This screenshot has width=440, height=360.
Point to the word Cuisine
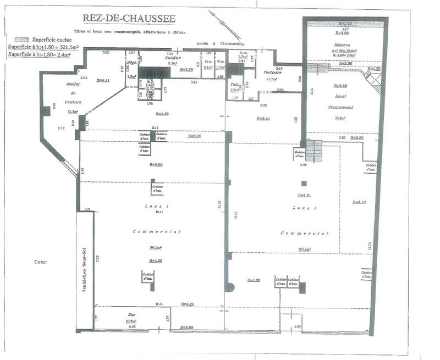click(x=174, y=57)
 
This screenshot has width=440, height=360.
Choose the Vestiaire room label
click(x=273, y=73)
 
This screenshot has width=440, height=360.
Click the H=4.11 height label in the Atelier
click(x=103, y=80)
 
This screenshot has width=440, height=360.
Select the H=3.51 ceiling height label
click(x=304, y=196)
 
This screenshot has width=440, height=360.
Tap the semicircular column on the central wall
click(x=231, y=287)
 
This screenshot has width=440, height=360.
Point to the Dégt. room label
click(x=131, y=63)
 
